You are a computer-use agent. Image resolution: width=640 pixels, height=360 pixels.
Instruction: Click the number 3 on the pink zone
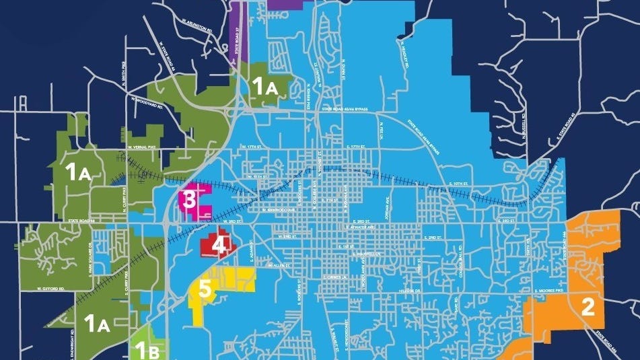coord(190,199)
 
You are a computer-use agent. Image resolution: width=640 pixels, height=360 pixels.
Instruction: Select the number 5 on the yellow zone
coord(205,291)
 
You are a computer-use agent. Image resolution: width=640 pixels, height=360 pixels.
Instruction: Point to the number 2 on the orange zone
coord(588,308)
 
